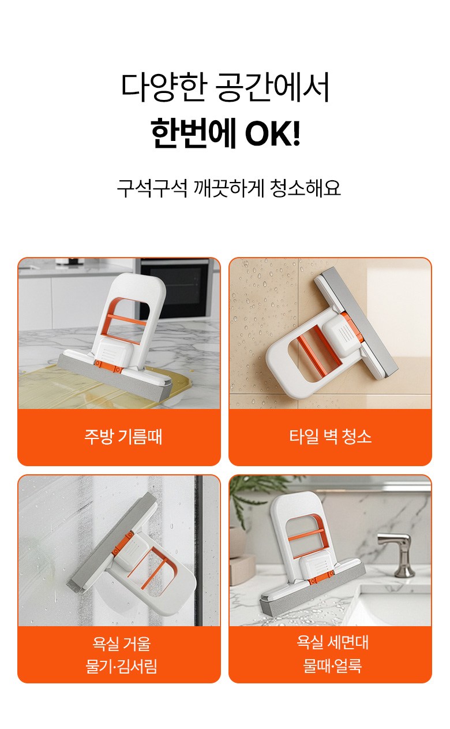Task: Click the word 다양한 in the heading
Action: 164,88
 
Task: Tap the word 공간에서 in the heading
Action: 272,88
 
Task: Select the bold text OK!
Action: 272,133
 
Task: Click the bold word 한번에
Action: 193,133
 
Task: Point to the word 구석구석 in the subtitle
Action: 152,188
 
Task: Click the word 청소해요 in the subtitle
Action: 305,188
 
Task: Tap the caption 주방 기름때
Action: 123,437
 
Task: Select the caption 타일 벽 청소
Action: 331,436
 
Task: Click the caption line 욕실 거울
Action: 122,644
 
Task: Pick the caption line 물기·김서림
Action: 121,666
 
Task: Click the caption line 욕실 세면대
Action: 332,642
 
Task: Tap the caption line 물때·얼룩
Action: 332,665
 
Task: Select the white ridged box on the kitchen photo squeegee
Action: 114,350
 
